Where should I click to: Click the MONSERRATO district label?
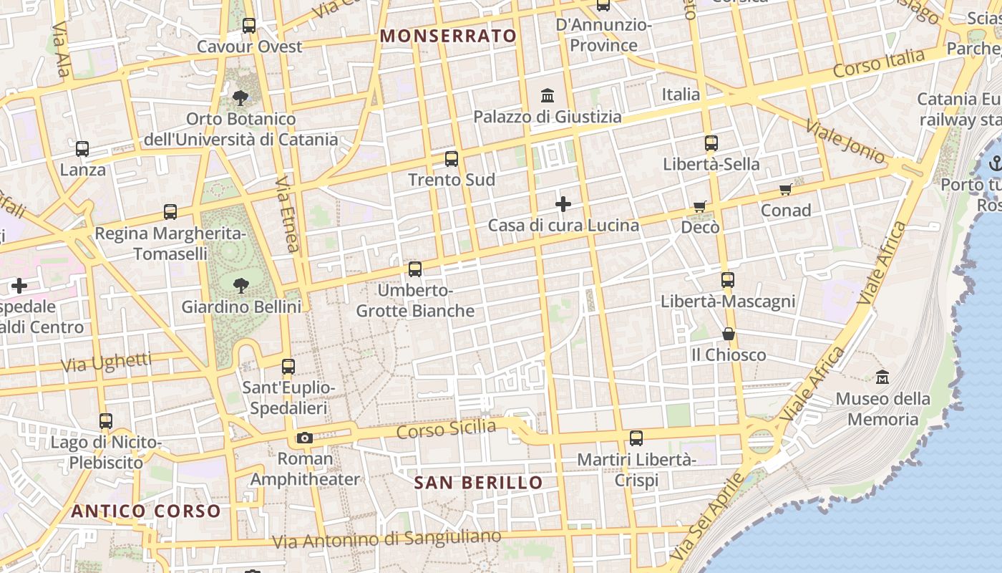click(x=448, y=36)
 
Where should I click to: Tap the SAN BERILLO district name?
click(x=478, y=483)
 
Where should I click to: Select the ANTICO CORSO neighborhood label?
click(x=146, y=511)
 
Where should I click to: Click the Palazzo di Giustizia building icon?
click(x=548, y=95)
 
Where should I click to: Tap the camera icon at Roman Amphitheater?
click(x=304, y=438)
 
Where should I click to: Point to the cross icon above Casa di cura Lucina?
click(x=563, y=204)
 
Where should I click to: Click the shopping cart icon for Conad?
click(x=786, y=189)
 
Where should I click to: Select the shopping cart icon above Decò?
click(x=700, y=206)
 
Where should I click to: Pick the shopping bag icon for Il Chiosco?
click(x=728, y=334)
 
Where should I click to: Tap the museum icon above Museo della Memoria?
click(x=882, y=377)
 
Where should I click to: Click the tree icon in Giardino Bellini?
click(x=240, y=286)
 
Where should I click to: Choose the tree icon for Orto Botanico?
click(x=240, y=97)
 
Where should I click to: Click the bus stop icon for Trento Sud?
click(x=451, y=159)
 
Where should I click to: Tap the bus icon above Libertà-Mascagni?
click(x=728, y=279)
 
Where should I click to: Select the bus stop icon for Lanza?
click(x=82, y=149)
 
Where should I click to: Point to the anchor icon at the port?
click(x=994, y=164)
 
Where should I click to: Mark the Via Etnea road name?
click(x=286, y=214)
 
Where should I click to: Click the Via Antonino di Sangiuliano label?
click(x=386, y=539)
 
